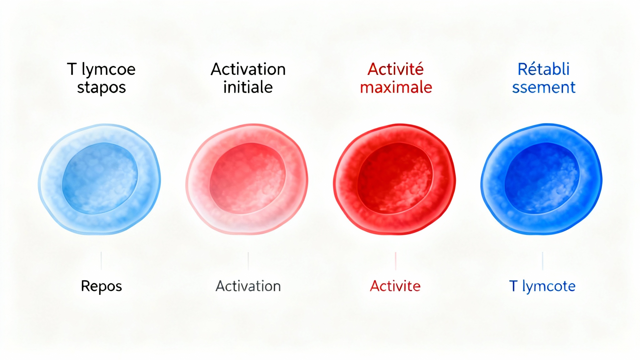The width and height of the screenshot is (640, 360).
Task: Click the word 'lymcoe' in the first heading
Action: [108, 70]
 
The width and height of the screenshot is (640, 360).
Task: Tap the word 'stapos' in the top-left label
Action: [102, 87]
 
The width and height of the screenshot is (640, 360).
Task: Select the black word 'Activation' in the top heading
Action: [248, 69]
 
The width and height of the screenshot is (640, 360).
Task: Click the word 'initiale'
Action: [248, 87]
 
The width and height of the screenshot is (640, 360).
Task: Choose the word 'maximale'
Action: [396, 87]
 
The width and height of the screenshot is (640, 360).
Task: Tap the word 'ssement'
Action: [544, 87]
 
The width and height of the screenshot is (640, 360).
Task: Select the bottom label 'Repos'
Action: [101, 286]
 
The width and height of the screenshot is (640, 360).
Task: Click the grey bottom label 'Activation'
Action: [248, 286]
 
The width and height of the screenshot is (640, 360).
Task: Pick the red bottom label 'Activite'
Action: [395, 286]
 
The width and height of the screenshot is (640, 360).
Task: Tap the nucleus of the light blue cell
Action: [100, 178]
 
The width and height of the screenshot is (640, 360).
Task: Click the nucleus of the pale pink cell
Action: [247, 178]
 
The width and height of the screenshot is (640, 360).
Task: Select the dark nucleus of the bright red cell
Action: [395, 178]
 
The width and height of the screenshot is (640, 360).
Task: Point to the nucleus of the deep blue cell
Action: [542, 178]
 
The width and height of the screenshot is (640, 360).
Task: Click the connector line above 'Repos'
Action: [101, 261]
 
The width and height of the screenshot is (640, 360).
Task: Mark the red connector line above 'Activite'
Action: [396, 261]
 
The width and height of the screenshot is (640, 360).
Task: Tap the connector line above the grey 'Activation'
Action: [248, 261]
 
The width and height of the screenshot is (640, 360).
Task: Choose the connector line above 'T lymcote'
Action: [543, 261]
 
